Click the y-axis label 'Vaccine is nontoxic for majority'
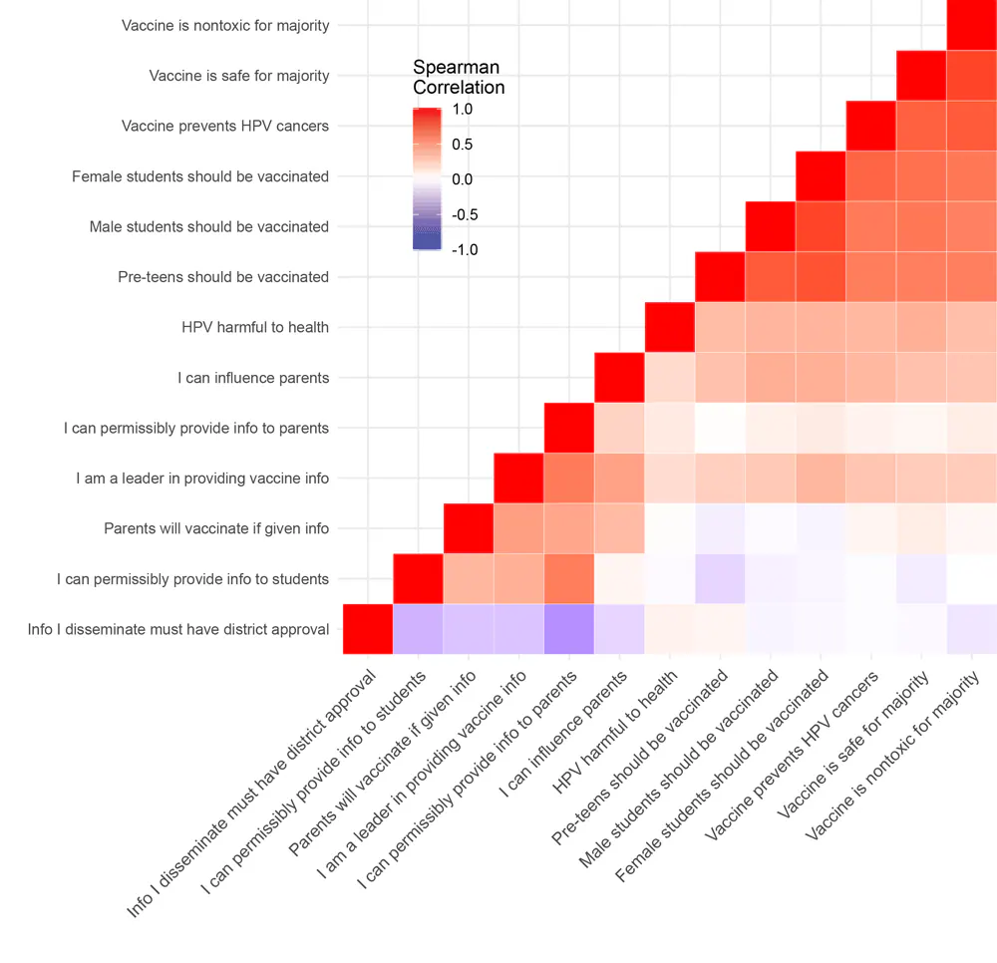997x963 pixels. point(225,25)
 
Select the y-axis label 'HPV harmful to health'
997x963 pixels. point(255,327)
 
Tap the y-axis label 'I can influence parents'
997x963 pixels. point(253,378)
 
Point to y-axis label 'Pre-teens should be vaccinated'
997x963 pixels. point(223,277)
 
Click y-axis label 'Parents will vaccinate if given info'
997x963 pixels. point(216,528)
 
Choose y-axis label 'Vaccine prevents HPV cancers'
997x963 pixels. point(225,126)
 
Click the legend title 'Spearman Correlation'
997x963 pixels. point(459,77)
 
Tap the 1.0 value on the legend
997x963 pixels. point(462,109)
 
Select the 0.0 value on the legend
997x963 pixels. point(462,179)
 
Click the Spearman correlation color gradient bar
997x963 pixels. point(427,179)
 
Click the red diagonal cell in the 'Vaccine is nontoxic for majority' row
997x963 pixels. point(971,25)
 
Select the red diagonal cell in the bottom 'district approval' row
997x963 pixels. point(368,629)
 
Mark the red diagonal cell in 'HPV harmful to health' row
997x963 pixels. point(670,327)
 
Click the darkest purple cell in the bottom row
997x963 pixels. point(569,629)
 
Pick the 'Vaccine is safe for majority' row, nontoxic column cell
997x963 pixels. point(971,76)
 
